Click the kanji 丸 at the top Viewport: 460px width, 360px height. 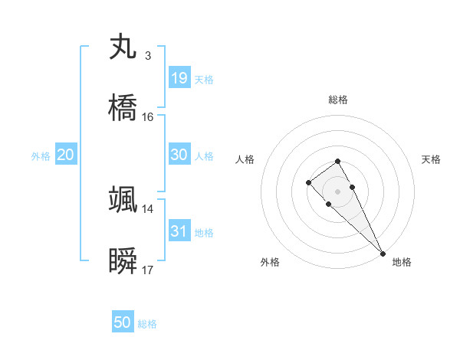(x=123, y=47)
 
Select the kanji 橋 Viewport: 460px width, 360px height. (x=123, y=108)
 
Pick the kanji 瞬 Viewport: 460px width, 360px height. (x=123, y=261)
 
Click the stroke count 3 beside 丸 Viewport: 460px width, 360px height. (x=147, y=56)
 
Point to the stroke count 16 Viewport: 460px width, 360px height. (x=148, y=117)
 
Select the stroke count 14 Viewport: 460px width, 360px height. (x=148, y=208)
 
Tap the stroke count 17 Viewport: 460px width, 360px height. (x=148, y=270)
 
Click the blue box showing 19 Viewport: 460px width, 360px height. (x=179, y=78)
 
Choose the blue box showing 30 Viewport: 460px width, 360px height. (x=179, y=154)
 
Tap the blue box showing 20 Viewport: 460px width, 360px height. (x=66, y=155)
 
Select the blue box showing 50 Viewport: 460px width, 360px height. (x=123, y=322)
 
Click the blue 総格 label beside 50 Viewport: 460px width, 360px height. (x=147, y=324)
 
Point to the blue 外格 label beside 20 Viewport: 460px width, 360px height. (x=41, y=156)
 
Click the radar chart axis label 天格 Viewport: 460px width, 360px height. (x=431, y=159)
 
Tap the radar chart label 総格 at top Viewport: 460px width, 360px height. (x=338, y=100)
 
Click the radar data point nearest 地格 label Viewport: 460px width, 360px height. (x=383, y=254)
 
